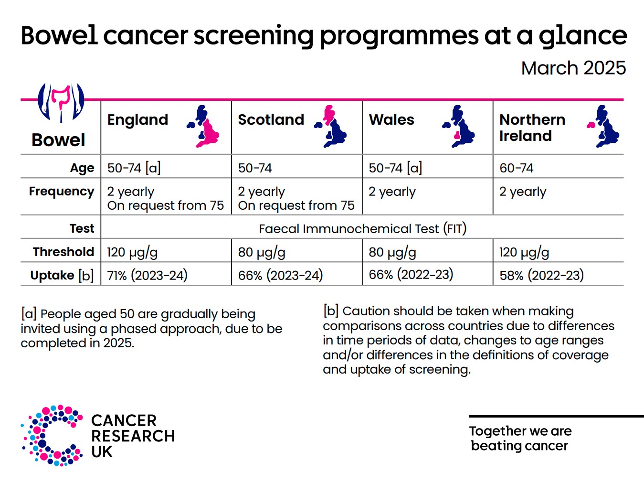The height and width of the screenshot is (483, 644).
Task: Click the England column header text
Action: [137, 119]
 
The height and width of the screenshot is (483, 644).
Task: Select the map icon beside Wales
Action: [459, 127]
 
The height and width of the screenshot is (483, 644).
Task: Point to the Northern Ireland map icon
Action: [603, 127]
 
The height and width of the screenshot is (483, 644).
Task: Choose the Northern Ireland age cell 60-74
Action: [516, 168]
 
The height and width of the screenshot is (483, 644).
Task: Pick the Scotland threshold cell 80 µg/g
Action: [262, 252]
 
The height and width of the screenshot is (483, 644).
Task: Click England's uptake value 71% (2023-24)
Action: [147, 276]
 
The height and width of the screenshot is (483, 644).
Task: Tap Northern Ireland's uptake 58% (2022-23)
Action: [541, 276]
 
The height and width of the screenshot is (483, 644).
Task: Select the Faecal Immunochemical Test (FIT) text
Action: [362, 229]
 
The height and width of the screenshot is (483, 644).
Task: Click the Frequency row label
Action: [62, 192]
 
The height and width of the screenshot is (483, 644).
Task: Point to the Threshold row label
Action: [63, 252]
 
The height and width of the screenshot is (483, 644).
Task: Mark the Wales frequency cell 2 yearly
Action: [392, 192]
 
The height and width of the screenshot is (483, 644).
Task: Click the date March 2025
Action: [573, 68]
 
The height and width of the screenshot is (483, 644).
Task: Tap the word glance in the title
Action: [582, 36]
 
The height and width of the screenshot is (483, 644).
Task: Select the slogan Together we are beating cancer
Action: [520, 438]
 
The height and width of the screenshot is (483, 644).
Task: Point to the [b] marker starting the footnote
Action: [331, 311]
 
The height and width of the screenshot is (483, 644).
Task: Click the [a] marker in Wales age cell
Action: [414, 168]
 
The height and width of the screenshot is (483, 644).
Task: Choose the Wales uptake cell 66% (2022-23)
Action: [411, 275]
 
